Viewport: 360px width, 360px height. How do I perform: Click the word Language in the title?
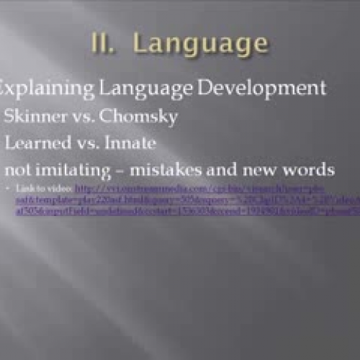pos(201,44)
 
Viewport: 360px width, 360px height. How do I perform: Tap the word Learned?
pos(33,143)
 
